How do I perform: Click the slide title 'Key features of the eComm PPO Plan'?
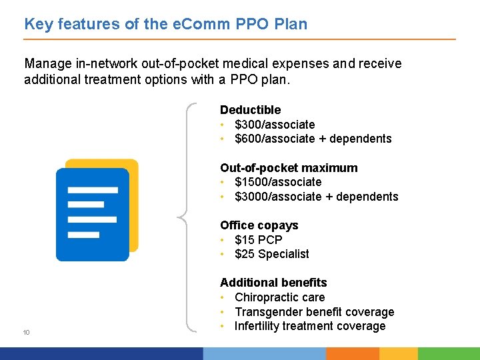(166, 25)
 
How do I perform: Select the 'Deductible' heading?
(250, 110)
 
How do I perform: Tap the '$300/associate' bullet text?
(275, 125)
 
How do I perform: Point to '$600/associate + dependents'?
(313, 139)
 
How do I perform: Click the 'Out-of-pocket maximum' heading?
(289, 168)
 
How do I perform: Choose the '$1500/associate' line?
(278, 182)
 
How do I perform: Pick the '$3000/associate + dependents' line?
(317, 197)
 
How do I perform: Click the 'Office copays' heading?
(259, 225)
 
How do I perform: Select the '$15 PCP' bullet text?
(259, 240)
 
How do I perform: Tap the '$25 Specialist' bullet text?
(272, 254)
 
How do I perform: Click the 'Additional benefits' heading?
(273, 283)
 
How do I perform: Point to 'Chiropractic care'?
(280, 297)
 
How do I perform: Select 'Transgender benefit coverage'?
(315, 312)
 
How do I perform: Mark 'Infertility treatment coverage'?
(310, 326)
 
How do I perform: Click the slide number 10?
(27, 333)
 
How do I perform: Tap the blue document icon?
(92, 213)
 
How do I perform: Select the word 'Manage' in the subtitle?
(47, 63)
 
